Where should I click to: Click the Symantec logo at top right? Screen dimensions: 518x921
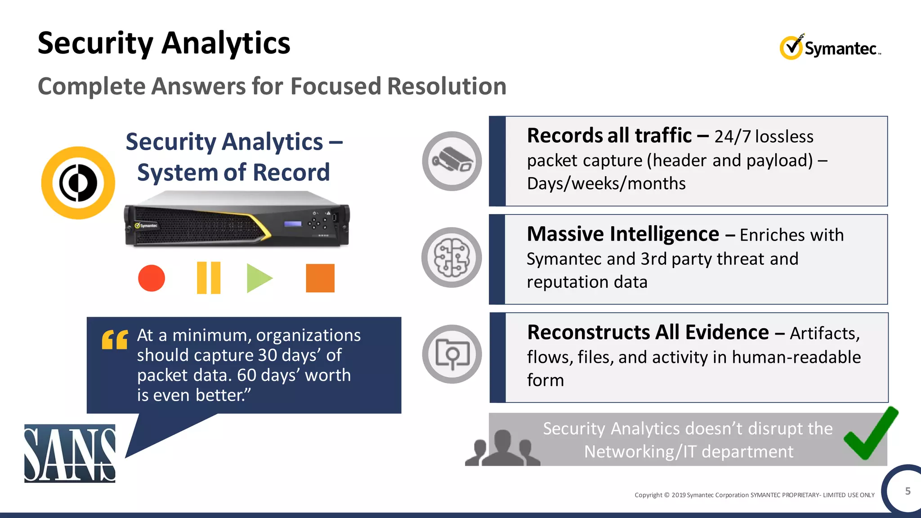(830, 47)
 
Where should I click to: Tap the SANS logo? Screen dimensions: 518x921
(70, 453)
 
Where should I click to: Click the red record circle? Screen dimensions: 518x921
(152, 278)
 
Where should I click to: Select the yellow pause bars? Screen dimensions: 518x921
(209, 278)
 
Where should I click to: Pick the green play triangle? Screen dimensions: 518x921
(258, 278)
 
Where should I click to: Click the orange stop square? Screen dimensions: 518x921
(320, 278)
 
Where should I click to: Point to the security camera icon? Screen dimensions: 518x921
(452, 161)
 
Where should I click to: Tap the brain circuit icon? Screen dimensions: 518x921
(452, 258)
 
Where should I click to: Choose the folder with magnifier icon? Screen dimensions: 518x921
(452, 354)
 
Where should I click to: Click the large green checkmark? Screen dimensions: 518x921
(870, 434)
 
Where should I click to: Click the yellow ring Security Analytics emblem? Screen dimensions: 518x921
(78, 183)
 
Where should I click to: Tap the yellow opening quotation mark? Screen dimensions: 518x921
(115, 339)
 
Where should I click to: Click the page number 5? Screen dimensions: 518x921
(908, 491)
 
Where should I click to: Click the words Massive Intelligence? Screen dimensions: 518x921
(623, 234)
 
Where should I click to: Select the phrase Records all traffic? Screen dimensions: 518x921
(609, 136)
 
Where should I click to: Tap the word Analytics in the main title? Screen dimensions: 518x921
(226, 44)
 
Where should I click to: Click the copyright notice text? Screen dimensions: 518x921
(754, 495)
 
